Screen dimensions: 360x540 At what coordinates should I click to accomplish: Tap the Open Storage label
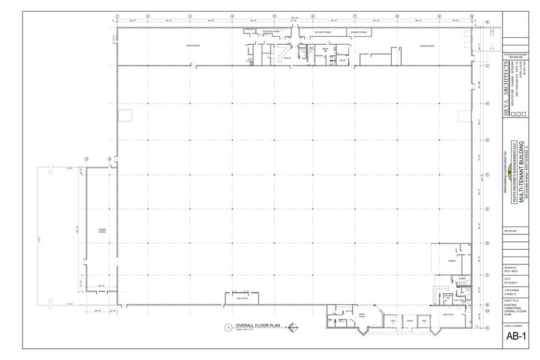pyautogui.click(x=193, y=45)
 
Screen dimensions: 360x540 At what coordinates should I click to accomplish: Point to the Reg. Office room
pyautogui.click(x=242, y=298)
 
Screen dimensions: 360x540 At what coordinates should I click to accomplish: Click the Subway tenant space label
pyautogui.click(x=453, y=261)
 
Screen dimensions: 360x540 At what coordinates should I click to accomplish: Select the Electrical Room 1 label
pyautogui.click(x=271, y=31)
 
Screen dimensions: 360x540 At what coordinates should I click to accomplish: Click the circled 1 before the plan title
pyautogui.click(x=228, y=327)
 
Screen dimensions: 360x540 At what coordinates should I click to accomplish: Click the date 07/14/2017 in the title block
pyautogui.click(x=511, y=282)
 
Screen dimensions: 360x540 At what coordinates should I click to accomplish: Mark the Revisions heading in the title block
pyautogui.click(x=510, y=231)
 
